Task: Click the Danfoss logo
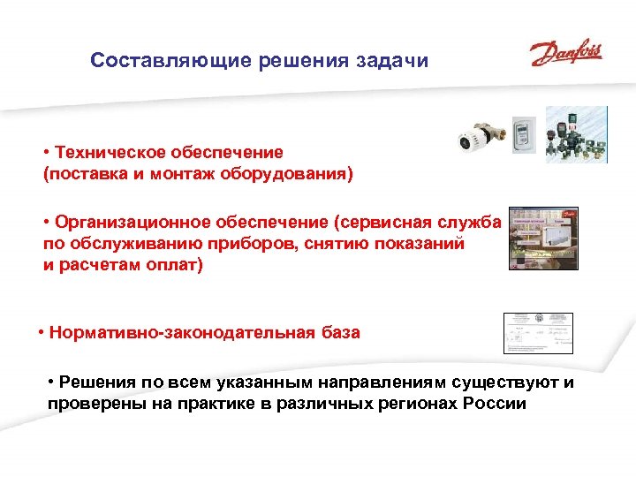click(x=566, y=52)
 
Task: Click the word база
click(x=338, y=333)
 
